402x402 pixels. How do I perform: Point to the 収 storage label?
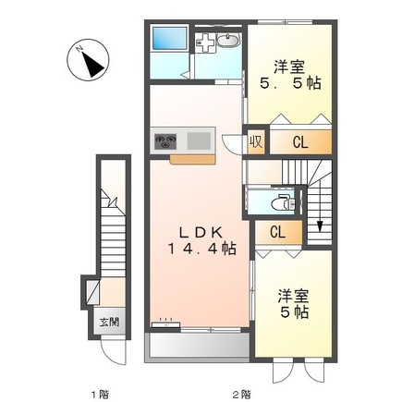click(x=255, y=142)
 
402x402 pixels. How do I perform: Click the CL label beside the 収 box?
click(x=301, y=142)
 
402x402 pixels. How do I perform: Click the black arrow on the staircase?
click(x=321, y=225)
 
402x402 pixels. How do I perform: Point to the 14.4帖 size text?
click(x=201, y=250)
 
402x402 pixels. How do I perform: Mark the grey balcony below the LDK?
click(x=198, y=346)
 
